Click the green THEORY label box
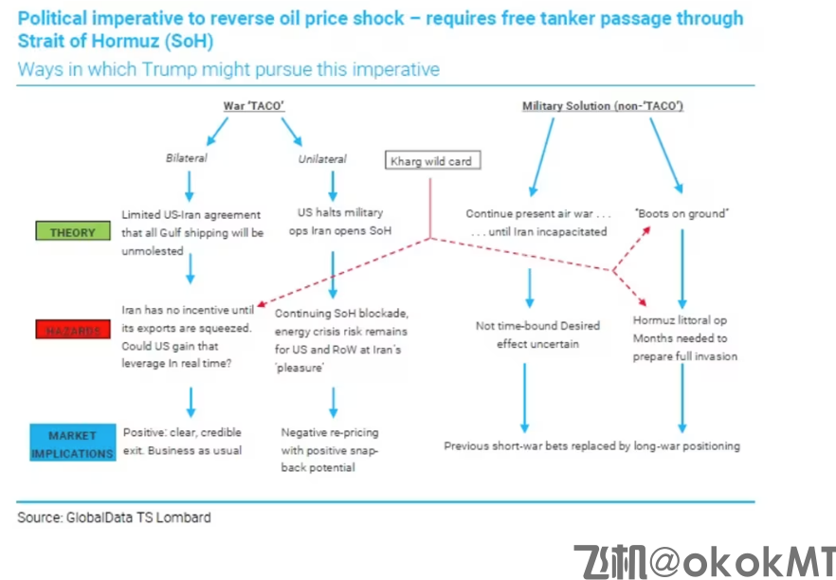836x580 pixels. click(73, 232)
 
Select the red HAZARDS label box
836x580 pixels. click(73, 329)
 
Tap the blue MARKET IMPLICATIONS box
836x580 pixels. click(73, 444)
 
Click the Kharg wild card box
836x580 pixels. click(430, 161)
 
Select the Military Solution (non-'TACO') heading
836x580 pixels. click(603, 106)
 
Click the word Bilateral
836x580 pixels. click(187, 158)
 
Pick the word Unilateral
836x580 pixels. click(322, 159)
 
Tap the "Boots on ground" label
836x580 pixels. click(681, 214)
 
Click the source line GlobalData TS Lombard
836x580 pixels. click(114, 517)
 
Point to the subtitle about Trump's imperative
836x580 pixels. click(227, 69)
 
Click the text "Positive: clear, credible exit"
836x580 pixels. click(183, 441)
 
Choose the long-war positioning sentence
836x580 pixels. click(591, 445)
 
